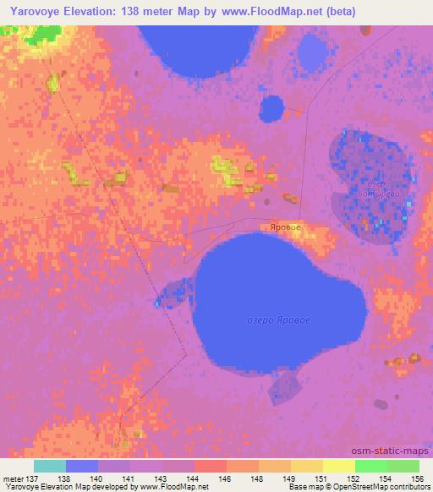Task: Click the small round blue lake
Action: pos(271,108)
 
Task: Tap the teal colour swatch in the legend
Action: pos(50,466)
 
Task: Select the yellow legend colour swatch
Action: pos(338,466)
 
